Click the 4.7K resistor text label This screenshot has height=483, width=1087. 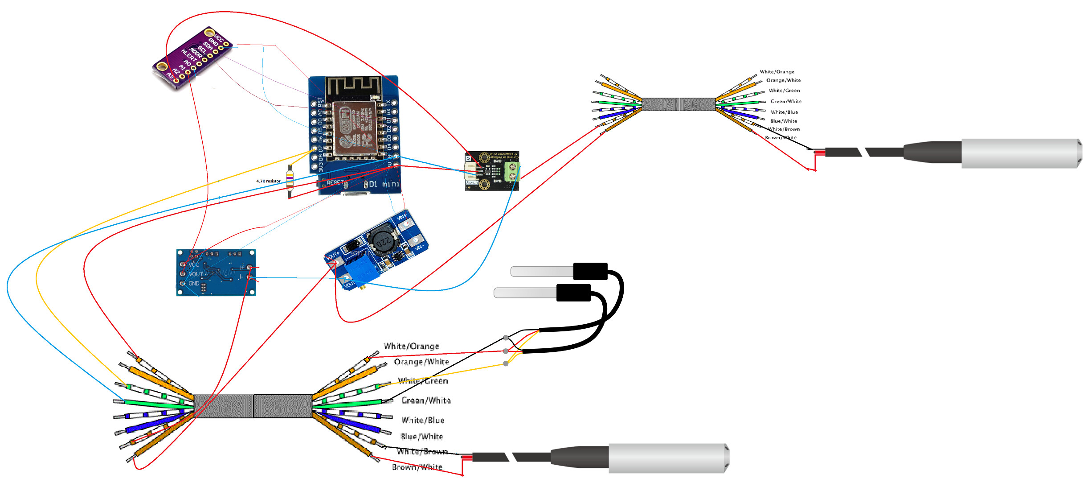[x=268, y=181]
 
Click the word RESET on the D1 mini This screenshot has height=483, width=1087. [x=335, y=182]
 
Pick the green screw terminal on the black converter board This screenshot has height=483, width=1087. [x=512, y=172]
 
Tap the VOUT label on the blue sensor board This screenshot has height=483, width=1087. [x=196, y=274]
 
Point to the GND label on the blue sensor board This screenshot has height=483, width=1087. [x=194, y=284]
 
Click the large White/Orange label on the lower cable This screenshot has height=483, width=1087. [x=411, y=346]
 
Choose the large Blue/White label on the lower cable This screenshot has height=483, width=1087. [x=421, y=437]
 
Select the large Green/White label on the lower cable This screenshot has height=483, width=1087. [x=426, y=400]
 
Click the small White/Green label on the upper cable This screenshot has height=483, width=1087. [x=784, y=91]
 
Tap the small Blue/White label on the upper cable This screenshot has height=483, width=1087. [x=784, y=121]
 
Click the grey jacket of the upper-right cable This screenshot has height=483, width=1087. [x=678, y=104]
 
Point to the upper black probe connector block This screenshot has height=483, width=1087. [x=590, y=271]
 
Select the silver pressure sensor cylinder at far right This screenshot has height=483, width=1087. [x=1020, y=153]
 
